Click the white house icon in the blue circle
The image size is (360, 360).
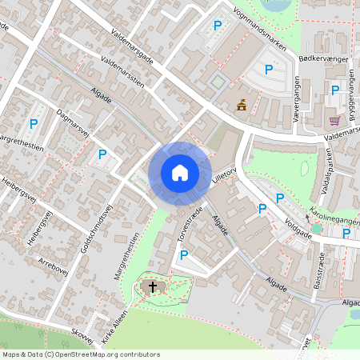coord(179,172)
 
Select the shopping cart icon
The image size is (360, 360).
coord(334,121)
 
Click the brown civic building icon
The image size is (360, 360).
coord(241,104)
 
